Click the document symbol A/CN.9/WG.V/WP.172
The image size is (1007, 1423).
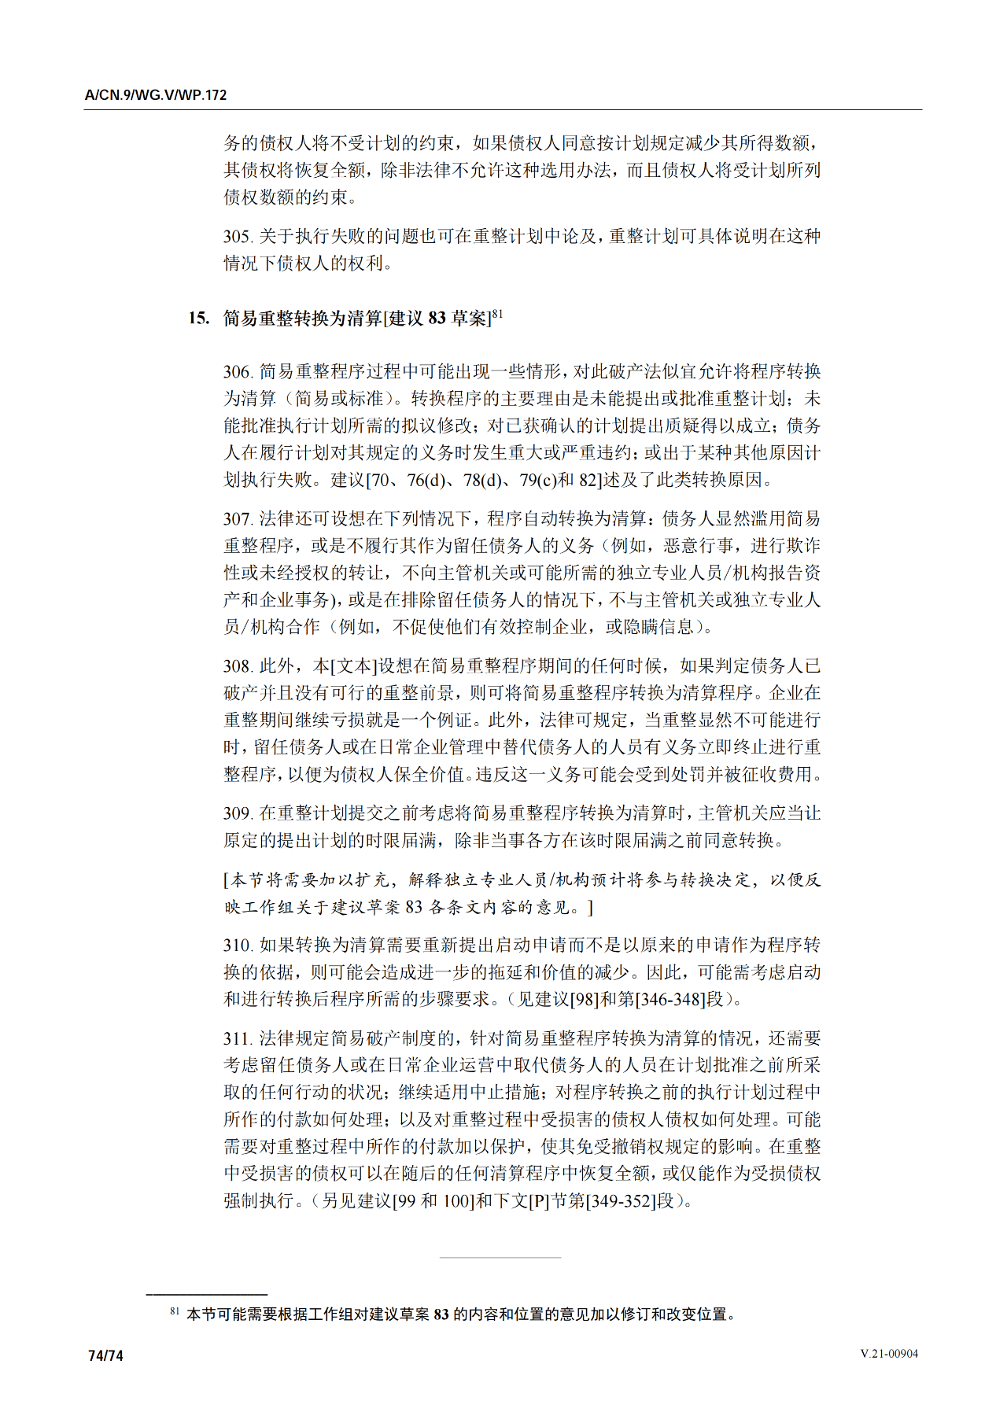tap(156, 95)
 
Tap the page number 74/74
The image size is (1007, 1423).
tap(106, 1355)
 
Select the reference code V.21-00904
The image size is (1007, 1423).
tap(889, 1354)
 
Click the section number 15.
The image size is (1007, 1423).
tap(198, 319)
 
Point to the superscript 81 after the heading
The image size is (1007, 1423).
tap(497, 314)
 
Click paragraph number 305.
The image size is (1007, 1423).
tap(238, 237)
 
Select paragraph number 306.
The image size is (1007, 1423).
tap(238, 372)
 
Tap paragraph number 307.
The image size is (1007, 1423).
tap(238, 519)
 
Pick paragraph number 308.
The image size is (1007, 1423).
tap(238, 666)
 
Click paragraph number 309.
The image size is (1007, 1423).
tap(238, 813)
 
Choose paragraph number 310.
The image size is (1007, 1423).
tap(238, 946)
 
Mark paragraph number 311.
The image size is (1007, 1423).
tap(238, 1039)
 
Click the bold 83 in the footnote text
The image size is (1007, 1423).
tap(441, 1314)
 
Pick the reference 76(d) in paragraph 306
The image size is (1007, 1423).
tap(427, 480)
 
